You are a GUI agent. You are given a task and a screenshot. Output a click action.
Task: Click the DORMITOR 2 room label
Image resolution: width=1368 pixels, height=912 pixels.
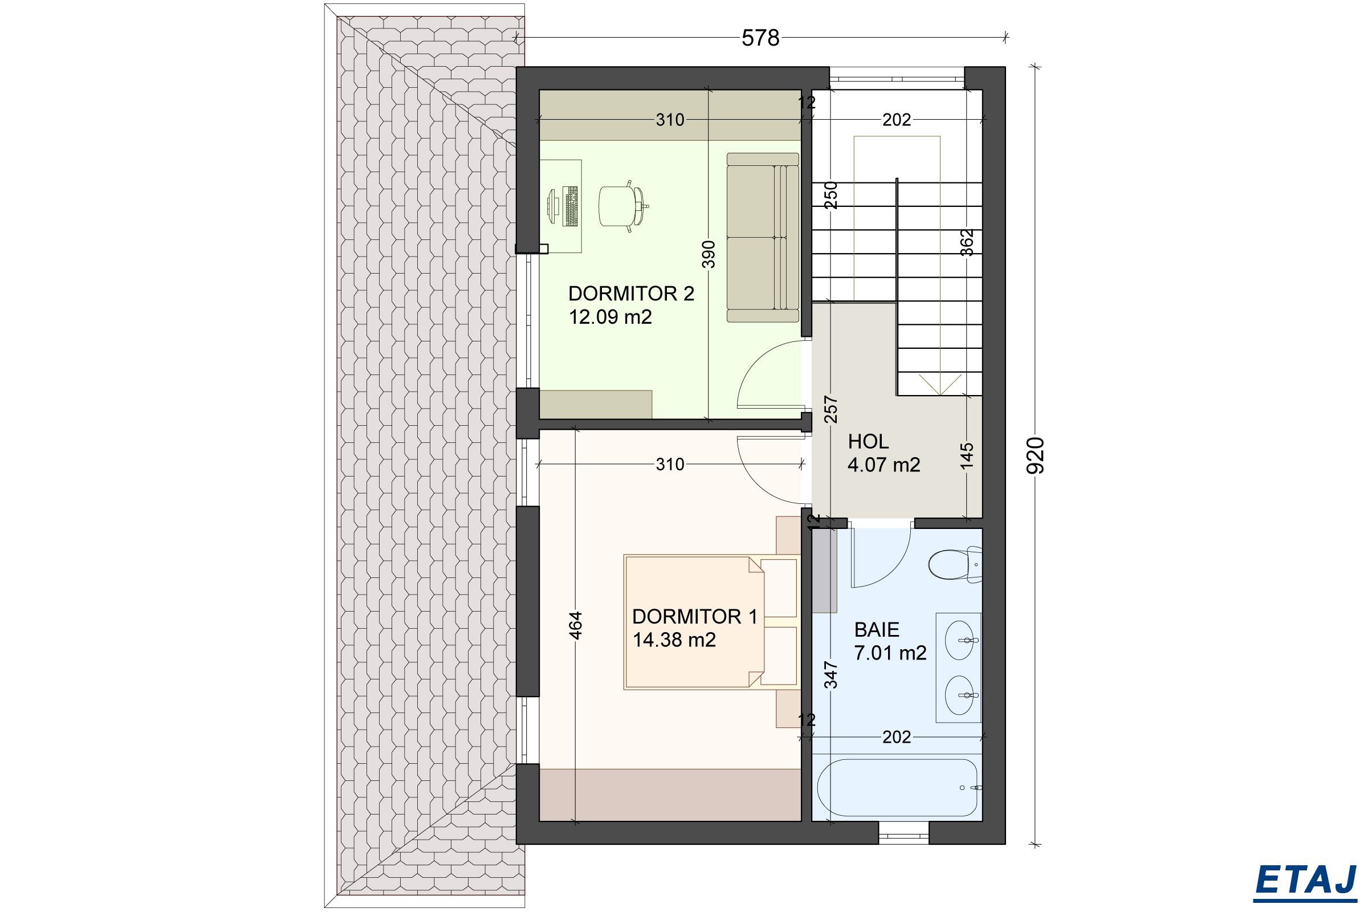[x=631, y=294]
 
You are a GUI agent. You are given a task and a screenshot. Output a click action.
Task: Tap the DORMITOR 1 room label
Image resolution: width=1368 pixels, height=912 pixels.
[x=694, y=617]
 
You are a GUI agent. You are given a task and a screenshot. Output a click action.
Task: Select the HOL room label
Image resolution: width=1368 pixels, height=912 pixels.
[x=868, y=441]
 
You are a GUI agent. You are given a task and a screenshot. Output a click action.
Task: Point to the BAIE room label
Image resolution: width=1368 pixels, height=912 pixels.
[x=877, y=629]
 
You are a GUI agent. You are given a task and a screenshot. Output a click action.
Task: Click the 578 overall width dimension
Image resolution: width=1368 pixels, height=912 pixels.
[x=760, y=38]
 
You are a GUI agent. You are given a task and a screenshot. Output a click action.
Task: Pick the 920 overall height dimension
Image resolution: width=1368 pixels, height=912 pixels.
[x=1036, y=455]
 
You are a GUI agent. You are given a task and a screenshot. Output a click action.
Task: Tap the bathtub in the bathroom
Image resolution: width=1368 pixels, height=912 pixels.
[x=897, y=788]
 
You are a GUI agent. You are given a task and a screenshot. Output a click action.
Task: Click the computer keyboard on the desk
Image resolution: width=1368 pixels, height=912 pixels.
[x=571, y=206]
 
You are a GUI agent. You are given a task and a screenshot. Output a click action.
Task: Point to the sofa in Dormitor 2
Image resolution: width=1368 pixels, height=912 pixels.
[x=763, y=237]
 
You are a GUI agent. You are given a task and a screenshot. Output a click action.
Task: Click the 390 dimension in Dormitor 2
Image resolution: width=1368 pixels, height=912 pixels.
[x=708, y=254]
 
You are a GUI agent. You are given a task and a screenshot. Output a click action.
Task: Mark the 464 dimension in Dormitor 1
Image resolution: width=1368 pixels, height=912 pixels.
[x=575, y=625]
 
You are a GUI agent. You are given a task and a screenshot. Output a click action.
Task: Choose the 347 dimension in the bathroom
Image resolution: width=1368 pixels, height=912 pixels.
[x=830, y=675]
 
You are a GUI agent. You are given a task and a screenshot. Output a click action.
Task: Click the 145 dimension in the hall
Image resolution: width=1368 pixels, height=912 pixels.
[x=966, y=456]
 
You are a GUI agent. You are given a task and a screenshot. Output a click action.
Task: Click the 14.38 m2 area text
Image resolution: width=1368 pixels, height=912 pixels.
[x=674, y=640]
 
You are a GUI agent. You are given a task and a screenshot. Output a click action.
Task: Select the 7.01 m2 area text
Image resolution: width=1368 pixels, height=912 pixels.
[x=890, y=653]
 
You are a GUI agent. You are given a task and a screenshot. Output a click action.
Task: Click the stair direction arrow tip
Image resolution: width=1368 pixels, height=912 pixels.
[x=940, y=395]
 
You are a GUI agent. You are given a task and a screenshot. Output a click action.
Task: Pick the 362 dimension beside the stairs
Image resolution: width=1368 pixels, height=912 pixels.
[x=966, y=242]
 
